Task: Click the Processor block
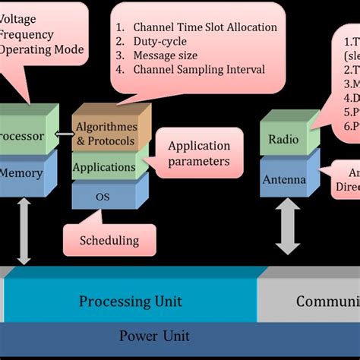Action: [x=23, y=137]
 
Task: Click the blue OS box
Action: [x=103, y=196]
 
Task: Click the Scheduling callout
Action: [x=109, y=240]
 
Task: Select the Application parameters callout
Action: [x=199, y=153]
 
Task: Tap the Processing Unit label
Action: [x=131, y=302]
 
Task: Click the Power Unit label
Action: [x=154, y=336]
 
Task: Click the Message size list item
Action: [x=166, y=55]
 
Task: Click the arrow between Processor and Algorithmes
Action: [x=62, y=137]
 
